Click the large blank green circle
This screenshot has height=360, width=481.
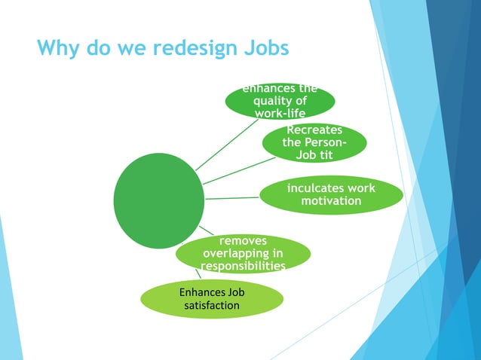[x=158, y=200]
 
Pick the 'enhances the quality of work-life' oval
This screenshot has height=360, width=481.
[x=280, y=102]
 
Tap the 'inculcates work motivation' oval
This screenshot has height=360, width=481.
[x=331, y=194]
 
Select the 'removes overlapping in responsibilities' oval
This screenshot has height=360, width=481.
[x=242, y=253]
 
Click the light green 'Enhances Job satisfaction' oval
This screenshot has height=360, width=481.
[x=212, y=299]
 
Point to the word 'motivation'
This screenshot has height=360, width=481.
[x=331, y=201]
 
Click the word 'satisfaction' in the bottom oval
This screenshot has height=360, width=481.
[x=212, y=306]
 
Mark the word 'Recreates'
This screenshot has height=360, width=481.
[x=314, y=130]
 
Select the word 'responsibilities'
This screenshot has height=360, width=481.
[x=242, y=266]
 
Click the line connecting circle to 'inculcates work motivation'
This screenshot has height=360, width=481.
[x=232, y=198]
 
